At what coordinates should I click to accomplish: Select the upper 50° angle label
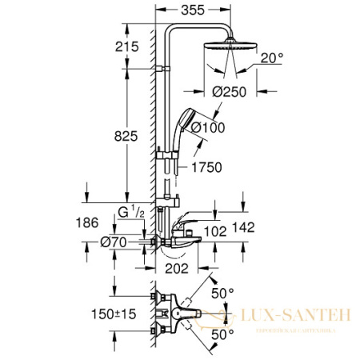point(223,294)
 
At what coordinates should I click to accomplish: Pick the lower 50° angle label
point(223,332)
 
